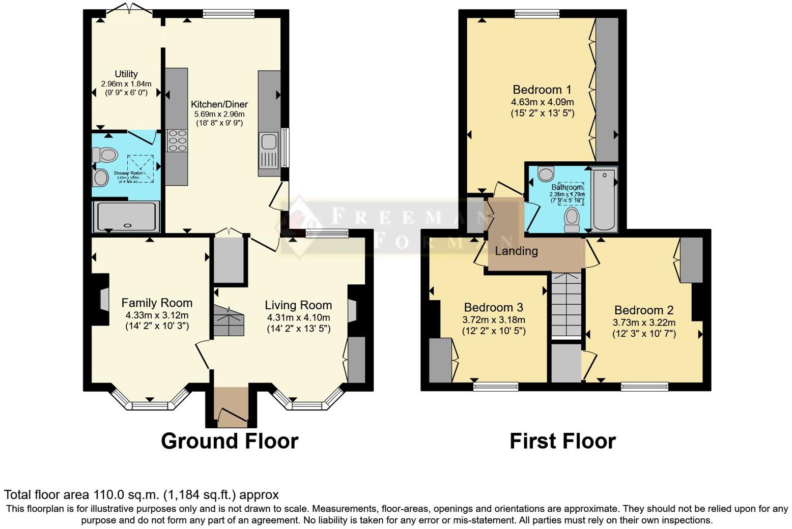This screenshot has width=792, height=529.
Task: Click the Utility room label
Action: (x=126, y=74)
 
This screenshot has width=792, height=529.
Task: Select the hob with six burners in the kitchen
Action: (x=177, y=140)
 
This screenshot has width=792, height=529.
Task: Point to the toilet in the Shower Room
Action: (x=105, y=154)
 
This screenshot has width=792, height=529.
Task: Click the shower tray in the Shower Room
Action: (x=126, y=216)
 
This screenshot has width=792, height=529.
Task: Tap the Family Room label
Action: (x=157, y=303)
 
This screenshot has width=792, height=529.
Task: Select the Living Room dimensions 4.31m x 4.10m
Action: (x=298, y=317)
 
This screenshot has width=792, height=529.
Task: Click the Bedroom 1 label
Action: (x=542, y=90)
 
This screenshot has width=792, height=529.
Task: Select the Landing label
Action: (x=516, y=251)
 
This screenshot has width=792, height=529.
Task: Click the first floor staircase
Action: (x=567, y=305)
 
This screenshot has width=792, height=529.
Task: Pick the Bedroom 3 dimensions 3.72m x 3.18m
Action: (x=493, y=320)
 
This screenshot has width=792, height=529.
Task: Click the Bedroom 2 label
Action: (x=644, y=310)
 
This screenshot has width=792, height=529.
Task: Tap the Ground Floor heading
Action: (x=230, y=441)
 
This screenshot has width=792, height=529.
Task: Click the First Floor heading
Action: (x=562, y=441)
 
